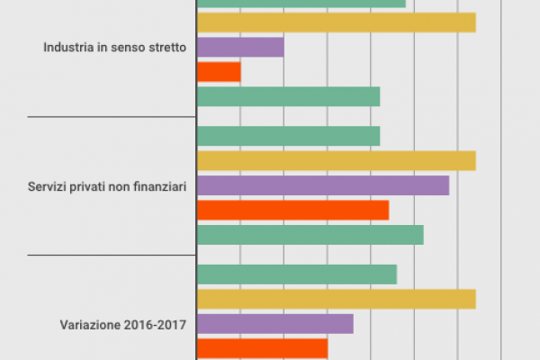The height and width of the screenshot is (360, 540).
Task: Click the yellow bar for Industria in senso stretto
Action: pos(335,22)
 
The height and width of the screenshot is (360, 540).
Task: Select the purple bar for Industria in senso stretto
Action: pos(239,47)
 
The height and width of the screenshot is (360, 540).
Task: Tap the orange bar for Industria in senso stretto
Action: pos(218,71)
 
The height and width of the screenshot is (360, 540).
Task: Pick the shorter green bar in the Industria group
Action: pos(288,95)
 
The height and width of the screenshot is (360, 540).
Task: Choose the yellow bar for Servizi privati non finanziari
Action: pos(335,161)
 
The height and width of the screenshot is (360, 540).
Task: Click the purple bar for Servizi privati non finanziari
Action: pos(322,185)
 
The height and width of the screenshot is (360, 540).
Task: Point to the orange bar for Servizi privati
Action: pos(292,210)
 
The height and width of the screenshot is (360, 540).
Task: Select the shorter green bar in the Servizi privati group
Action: pos(288,136)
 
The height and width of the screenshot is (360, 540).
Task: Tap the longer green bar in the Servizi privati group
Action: pos(310,234)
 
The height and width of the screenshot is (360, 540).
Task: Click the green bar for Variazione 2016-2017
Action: pos(296,274)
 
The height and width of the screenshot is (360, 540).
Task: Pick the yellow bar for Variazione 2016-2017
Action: pos(335,299)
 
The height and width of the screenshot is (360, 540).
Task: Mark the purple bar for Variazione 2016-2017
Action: pos(274,323)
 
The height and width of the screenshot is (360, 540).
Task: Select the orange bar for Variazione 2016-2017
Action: pos(261,347)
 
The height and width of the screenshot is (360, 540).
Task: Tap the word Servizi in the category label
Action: pos(47,186)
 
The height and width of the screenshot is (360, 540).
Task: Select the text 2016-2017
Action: pos(153,325)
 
